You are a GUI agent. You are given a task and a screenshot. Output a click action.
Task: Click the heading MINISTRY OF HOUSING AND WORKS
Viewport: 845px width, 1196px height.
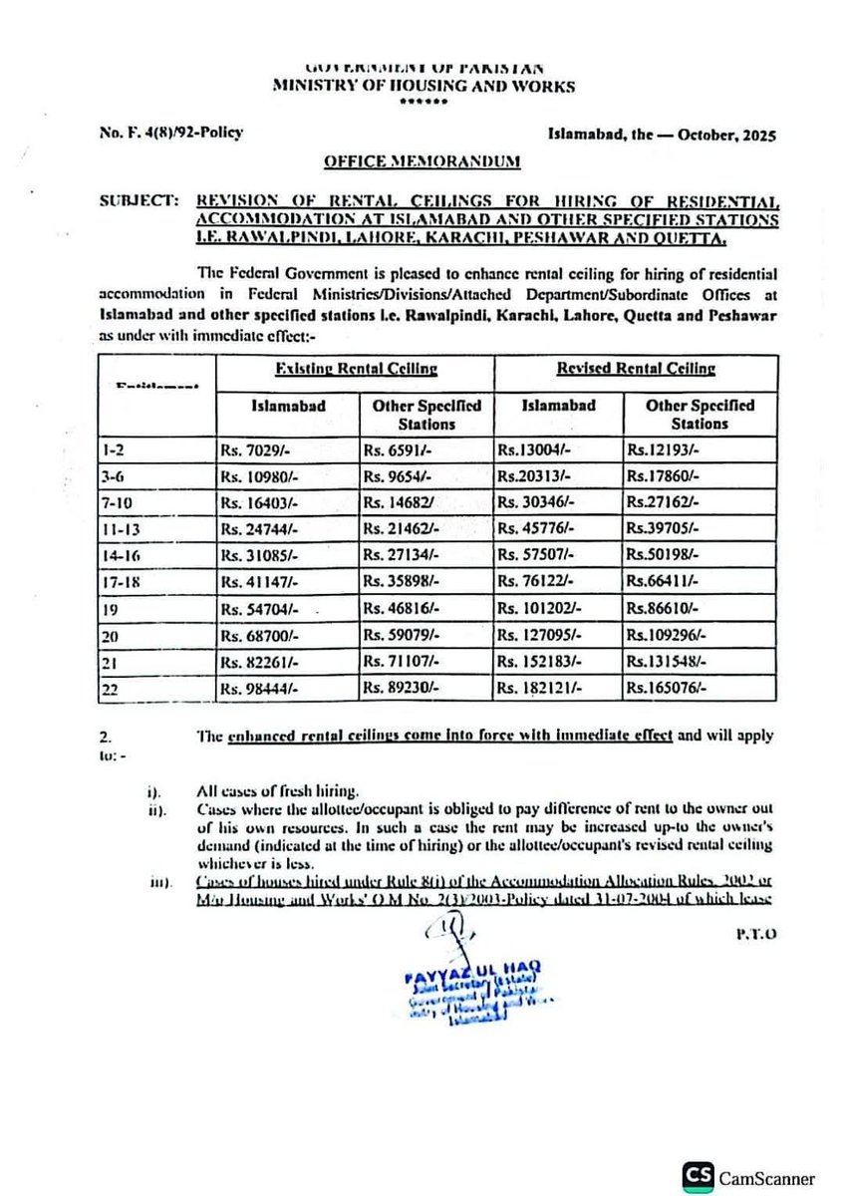423,87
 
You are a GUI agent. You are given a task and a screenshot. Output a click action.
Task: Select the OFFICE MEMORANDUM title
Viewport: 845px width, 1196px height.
422,160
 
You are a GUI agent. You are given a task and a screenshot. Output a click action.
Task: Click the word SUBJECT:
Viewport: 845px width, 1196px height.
136,201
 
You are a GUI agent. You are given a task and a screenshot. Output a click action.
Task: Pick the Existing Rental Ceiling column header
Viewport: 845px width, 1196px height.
356,369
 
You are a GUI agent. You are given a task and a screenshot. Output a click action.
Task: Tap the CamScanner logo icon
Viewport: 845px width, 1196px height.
699,1176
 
